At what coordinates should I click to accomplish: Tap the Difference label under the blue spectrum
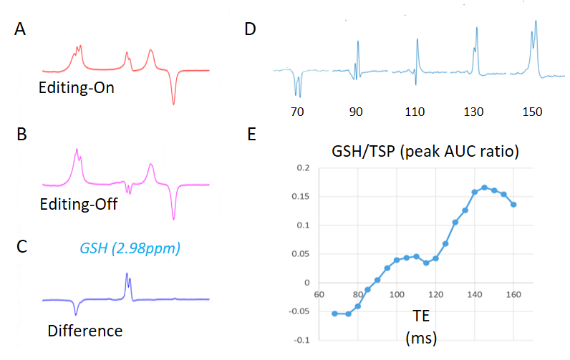coord(85,331)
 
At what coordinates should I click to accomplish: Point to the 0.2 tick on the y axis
coord(302,167)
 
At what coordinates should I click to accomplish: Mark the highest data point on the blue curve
coord(484,188)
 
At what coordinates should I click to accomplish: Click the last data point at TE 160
coord(513,204)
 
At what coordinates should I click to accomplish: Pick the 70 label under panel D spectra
coord(295,112)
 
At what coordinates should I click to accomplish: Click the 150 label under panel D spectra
coord(531,112)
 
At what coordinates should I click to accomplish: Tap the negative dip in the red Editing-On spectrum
coord(173,103)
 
